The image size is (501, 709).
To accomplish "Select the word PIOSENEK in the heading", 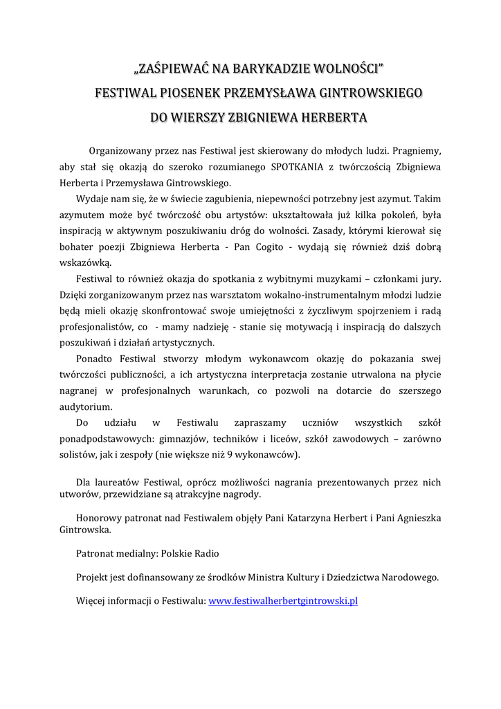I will click(197, 93).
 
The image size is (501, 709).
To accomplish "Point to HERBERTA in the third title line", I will click(331, 117).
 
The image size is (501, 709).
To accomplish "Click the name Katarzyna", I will click(308, 518).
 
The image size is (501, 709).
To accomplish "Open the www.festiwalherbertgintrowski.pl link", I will click(283, 601).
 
